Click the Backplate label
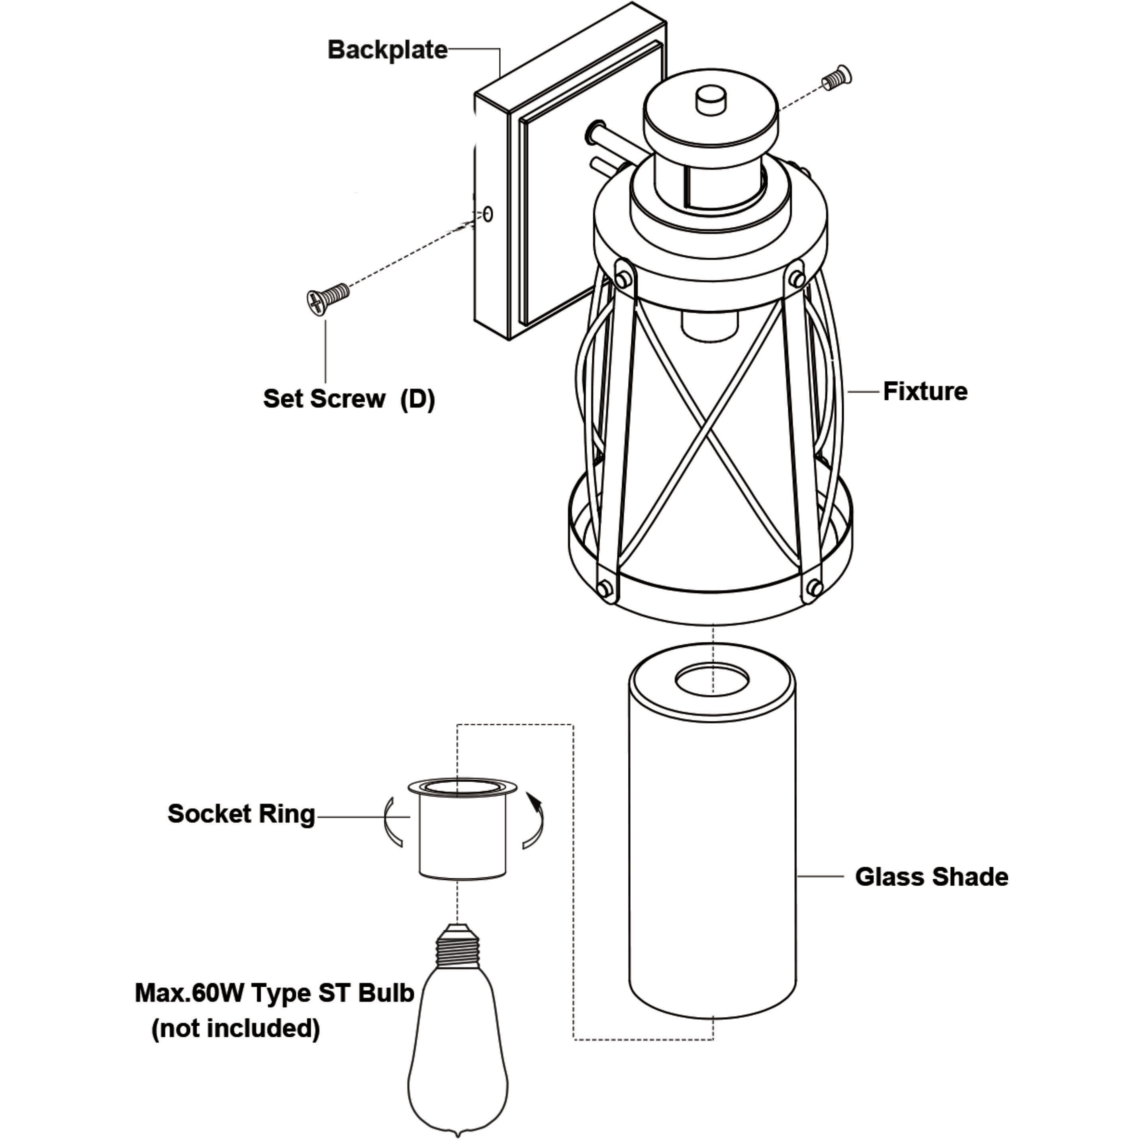[x=388, y=50]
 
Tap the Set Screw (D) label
[x=349, y=399]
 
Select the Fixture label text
[x=925, y=392]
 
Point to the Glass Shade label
[x=931, y=877]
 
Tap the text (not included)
[x=236, y=1028]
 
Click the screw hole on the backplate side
[x=488, y=214]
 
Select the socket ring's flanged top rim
[x=462, y=787]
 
